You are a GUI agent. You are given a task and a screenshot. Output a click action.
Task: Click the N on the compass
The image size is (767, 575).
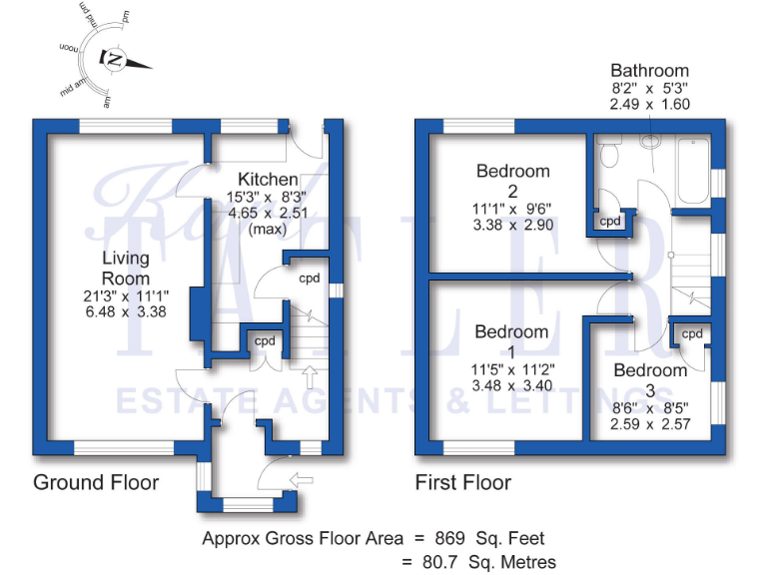click(116, 60)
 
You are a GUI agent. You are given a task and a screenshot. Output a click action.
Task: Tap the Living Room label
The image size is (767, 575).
click(125, 268)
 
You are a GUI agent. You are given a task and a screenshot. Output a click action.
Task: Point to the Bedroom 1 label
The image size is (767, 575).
click(511, 332)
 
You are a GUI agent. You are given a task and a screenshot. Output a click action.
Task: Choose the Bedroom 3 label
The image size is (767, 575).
click(650, 370)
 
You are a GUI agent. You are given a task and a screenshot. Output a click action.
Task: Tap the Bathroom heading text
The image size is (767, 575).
click(650, 71)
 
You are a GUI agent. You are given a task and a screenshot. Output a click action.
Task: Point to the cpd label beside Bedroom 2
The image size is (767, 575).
click(609, 221)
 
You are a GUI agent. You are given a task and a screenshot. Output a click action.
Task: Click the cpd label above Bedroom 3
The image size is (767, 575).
click(691, 333)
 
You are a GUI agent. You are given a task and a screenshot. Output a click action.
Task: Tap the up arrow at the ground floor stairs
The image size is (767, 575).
click(310, 377)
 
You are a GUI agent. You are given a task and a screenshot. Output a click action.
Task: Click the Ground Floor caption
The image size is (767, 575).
click(97, 483)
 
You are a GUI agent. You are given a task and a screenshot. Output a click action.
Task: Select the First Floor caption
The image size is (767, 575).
click(463, 483)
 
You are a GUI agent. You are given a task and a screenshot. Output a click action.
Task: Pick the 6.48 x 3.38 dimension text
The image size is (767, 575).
click(125, 310)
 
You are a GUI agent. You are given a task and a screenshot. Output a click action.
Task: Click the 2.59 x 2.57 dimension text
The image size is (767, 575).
click(650, 423)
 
